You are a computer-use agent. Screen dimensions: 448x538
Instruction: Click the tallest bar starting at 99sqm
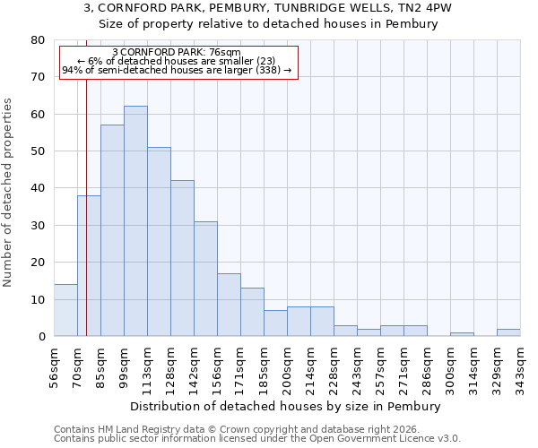pyautogui.click(x=135, y=221)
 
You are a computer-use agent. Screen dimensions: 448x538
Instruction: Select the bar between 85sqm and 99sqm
pyautogui.click(x=112, y=230)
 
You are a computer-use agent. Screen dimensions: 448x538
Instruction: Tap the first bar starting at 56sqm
pyautogui.click(x=65, y=310)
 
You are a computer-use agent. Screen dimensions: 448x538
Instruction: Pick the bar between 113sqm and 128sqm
pyautogui.click(x=159, y=242)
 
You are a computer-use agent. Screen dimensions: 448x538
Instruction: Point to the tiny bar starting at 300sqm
pyautogui.click(x=462, y=334)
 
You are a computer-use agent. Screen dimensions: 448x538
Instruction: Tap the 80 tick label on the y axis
pyautogui.click(x=37, y=40)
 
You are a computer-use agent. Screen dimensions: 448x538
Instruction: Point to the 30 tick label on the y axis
pyautogui.click(x=37, y=226)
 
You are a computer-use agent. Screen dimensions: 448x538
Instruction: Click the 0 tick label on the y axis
pyautogui.click(x=40, y=337)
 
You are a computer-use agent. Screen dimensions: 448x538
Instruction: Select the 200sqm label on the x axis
pyautogui.click(x=287, y=366)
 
